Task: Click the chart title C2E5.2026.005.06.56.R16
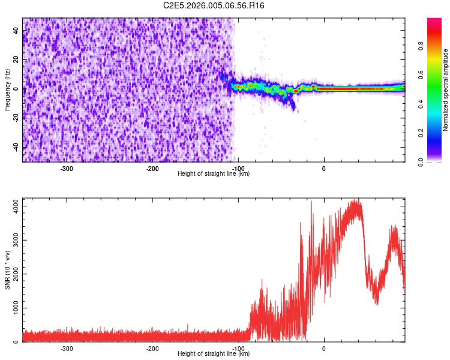point(214,5)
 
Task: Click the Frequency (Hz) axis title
point(7,89)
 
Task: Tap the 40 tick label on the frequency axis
point(16,31)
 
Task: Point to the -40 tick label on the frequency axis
point(16,148)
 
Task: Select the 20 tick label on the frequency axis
point(16,60)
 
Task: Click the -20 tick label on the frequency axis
point(16,119)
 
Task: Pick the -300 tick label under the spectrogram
point(67,169)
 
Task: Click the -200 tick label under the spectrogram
point(152,169)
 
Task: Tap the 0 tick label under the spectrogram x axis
point(324,169)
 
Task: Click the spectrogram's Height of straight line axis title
point(214,173)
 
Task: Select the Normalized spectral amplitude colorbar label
point(445,90)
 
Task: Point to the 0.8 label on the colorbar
point(421,46)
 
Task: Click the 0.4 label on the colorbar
point(421,104)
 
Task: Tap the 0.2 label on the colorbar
point(421,133)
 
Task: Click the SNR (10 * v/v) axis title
point(7,270)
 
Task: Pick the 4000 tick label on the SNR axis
point(16,206)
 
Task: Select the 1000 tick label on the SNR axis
point(16,308)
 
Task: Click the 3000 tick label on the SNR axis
point(16,240)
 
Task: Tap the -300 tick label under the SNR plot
point(67,349)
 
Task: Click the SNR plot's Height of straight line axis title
point(214,353)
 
